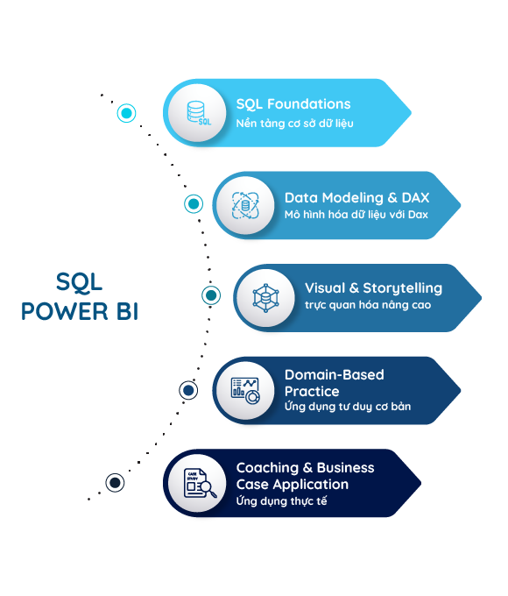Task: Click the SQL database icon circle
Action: click(197, 113)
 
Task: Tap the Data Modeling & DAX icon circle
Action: click(245, 205)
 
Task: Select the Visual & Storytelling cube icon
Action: click(266, 298)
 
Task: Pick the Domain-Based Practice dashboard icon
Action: click(245, 390)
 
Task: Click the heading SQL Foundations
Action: click(293, 104)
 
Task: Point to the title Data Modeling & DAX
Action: click(356, 198)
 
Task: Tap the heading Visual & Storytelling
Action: click(373, 288)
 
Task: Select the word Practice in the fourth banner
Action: click(312, 392)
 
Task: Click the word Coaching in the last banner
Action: click(267, 468)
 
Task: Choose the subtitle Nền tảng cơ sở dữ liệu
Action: click(295, 124)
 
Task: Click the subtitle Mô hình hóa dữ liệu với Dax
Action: click(356, 215)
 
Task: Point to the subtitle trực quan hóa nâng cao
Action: click(368, 305)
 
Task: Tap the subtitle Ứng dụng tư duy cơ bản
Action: click(348, 407)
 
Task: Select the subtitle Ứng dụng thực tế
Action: click(281, 501)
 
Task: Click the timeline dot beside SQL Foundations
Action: click(126, 113)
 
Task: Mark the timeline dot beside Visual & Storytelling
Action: click(211, 295)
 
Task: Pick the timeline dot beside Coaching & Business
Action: click(115, 483)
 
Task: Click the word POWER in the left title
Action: click(65, 311)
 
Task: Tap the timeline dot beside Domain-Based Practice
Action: click(188, 390)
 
